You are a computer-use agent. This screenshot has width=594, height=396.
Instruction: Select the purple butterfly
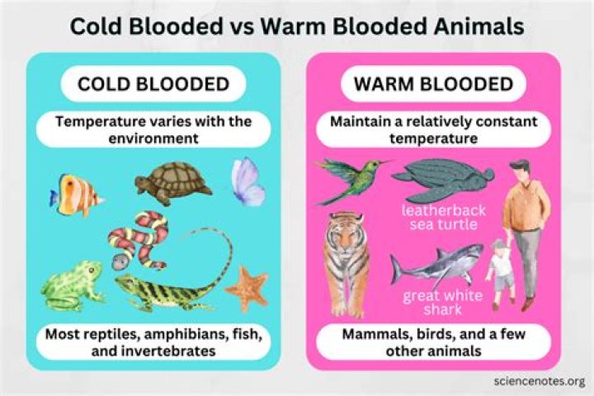tap(247, 182)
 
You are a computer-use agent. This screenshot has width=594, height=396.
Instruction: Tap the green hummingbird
tap(351, 177)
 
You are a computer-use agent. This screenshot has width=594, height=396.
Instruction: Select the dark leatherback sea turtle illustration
tap(441, 180)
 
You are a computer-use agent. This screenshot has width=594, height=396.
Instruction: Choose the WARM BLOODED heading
tap(434, 84)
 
